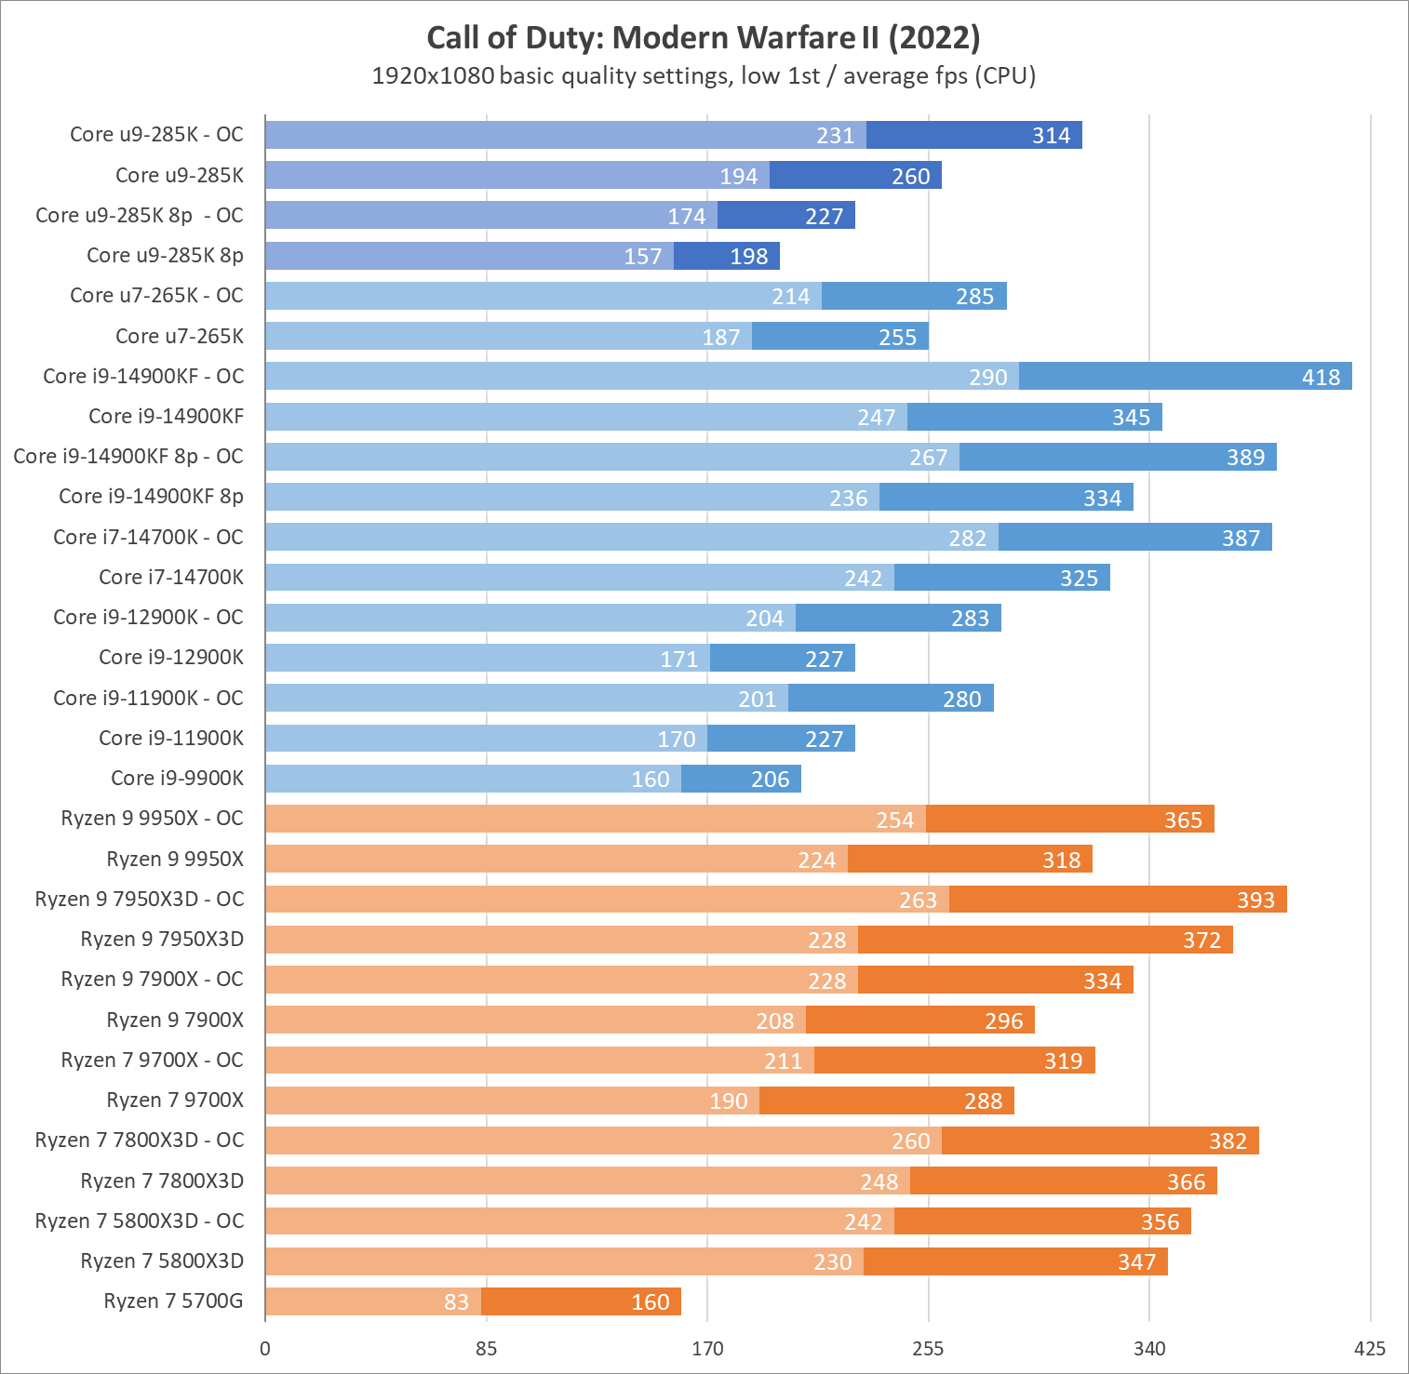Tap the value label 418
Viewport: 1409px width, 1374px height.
click(x=1321, y=377)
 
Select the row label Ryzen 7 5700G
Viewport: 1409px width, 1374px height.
click(x=173, y=1301)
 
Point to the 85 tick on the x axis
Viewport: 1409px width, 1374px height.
click(x=486, y=1348)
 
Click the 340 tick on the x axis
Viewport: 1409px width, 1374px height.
click(x=1149, y=1348)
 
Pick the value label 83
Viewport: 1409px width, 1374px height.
click(x=456, y=1301)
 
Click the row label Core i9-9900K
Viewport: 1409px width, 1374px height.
click(x=177, y=778)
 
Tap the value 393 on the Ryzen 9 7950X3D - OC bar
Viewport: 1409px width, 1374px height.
click(x=1255, y=900)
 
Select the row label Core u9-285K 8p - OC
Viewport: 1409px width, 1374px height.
click(x=139, y=215)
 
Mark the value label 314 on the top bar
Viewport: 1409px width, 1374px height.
click(x=1051, y=135)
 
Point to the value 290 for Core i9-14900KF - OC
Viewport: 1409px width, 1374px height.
click(x=987, y=377)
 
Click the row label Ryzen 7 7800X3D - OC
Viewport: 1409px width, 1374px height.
click(x=139, y=1140)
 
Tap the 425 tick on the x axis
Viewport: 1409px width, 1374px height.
click(x=1370, y=1348)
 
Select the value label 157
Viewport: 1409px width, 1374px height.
click(x=642, y=256)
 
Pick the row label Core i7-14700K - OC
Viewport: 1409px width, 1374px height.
click(x=148, y=537)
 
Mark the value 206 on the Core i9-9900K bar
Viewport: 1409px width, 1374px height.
click(x=770, y=779)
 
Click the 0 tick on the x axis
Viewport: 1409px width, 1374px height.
click(x=265, y=1348)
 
